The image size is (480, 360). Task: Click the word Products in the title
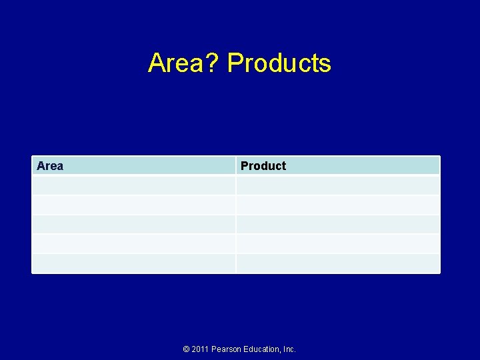(279, 63)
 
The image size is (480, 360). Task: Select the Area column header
(50, 166)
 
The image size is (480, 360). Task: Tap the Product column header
(263, 166)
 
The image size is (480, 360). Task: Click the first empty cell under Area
(134, 185)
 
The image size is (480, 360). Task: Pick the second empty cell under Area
(134, 205)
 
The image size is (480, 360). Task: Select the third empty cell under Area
(134, 224)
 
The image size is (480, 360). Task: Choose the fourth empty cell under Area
(134, 243)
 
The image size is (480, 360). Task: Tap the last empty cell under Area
(134, 263)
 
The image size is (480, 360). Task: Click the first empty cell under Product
(338, 185)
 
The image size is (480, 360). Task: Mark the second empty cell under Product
(338, 205)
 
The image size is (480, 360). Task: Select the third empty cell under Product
(338, 224)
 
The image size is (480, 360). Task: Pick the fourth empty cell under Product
(338, 243)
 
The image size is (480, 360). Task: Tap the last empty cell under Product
(338, 263)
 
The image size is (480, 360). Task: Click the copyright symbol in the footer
(186, 349)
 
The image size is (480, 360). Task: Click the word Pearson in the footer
(227, 349)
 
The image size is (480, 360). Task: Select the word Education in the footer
(262, 349)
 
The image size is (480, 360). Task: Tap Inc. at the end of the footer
(290, 349)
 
